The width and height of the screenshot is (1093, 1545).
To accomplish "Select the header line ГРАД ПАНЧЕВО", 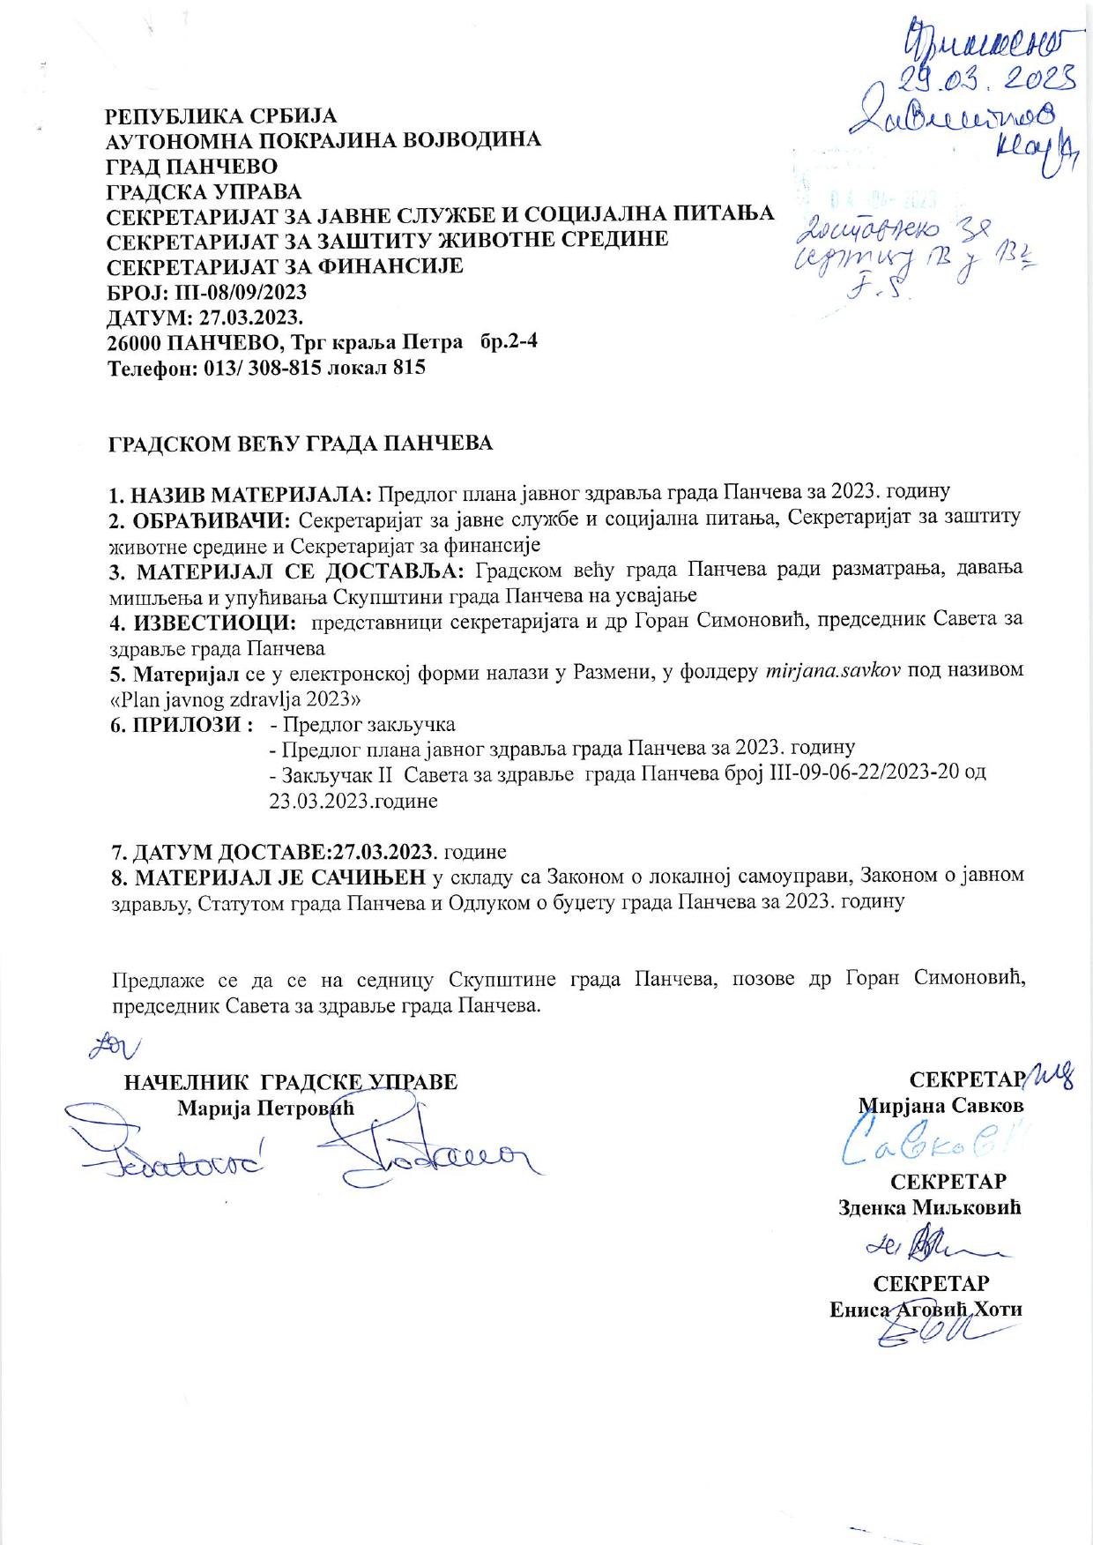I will [191, 166].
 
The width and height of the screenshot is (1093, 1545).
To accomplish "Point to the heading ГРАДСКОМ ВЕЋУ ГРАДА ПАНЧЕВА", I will [300, 443].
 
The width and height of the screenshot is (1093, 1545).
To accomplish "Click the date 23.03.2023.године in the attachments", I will [353, 802].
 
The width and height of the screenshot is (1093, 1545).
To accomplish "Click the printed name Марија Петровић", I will [265, 1108].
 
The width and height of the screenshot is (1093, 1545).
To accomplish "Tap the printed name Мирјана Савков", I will [941, 1105].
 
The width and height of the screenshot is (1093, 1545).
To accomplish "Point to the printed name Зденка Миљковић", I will [929, 1207].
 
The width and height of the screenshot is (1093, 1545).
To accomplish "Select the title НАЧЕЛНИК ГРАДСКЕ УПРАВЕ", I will [291, 1082].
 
